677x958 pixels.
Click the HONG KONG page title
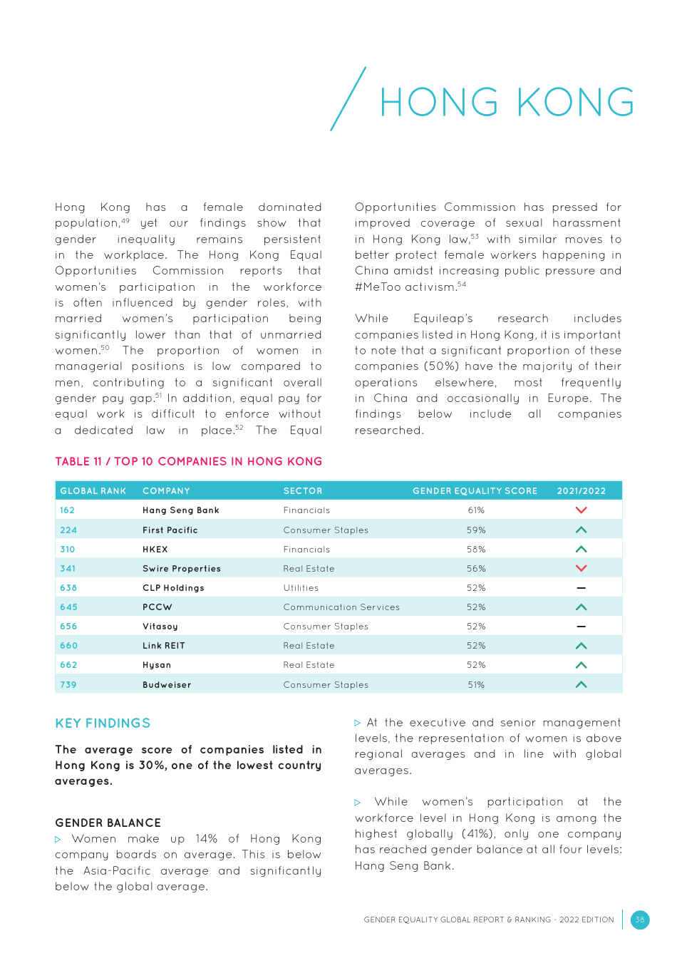click(x=507, y=103)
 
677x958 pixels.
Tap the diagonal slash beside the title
click(x=348, y=99)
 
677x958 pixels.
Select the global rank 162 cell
click(x=68, y=510)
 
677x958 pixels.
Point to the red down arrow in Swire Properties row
click(x=581, y=569)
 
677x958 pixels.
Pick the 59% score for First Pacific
click(x=476, y=530)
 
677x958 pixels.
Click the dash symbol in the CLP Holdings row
click(x=581, y=588)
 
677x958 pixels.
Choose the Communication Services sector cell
click(x=341, y=607)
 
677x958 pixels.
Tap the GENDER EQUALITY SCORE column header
click(x=475, y=491)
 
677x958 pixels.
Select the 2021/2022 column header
click(x=581, y=491)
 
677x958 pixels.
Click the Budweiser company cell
click(x=167, y=685)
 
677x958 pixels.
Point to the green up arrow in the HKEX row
click(x=581, y=550)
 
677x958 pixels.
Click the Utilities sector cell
click(x=301, y=588)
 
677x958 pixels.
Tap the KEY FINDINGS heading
click(x=103, y=723)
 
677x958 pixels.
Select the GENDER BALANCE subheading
click(x=108, y=823)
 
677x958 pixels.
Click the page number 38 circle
click(x=639, y=920)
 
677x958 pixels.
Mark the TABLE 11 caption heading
click(x=188, y=462)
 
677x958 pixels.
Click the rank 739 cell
click(x=68, y=685)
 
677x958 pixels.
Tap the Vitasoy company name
click(x=160, y=627)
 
